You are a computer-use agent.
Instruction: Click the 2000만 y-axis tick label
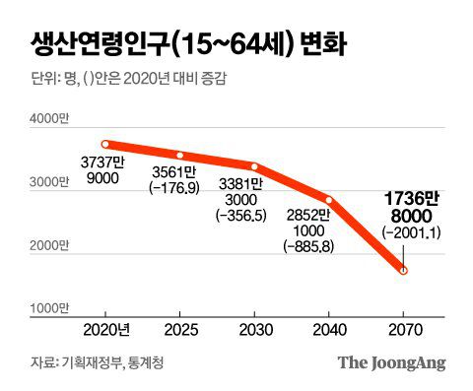click(x=48, y=246)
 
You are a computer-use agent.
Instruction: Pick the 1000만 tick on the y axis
click(x=48, y=309)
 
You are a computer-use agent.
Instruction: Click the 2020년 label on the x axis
click(x=105, y=330)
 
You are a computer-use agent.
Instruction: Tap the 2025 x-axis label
click(x=179, y=330)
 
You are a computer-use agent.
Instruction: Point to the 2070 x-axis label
click(x=402, y=330)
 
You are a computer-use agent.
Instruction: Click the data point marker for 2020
click(x=104, y=144)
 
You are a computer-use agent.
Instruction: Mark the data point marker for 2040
click(x=328, y=200)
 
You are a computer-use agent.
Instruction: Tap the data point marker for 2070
click(x=402, y=270)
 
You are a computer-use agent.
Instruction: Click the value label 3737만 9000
click(x=101, y=170)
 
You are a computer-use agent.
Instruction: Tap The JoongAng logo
click(x=391, y=363)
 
